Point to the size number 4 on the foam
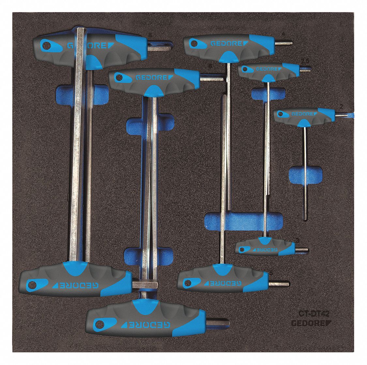283,34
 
